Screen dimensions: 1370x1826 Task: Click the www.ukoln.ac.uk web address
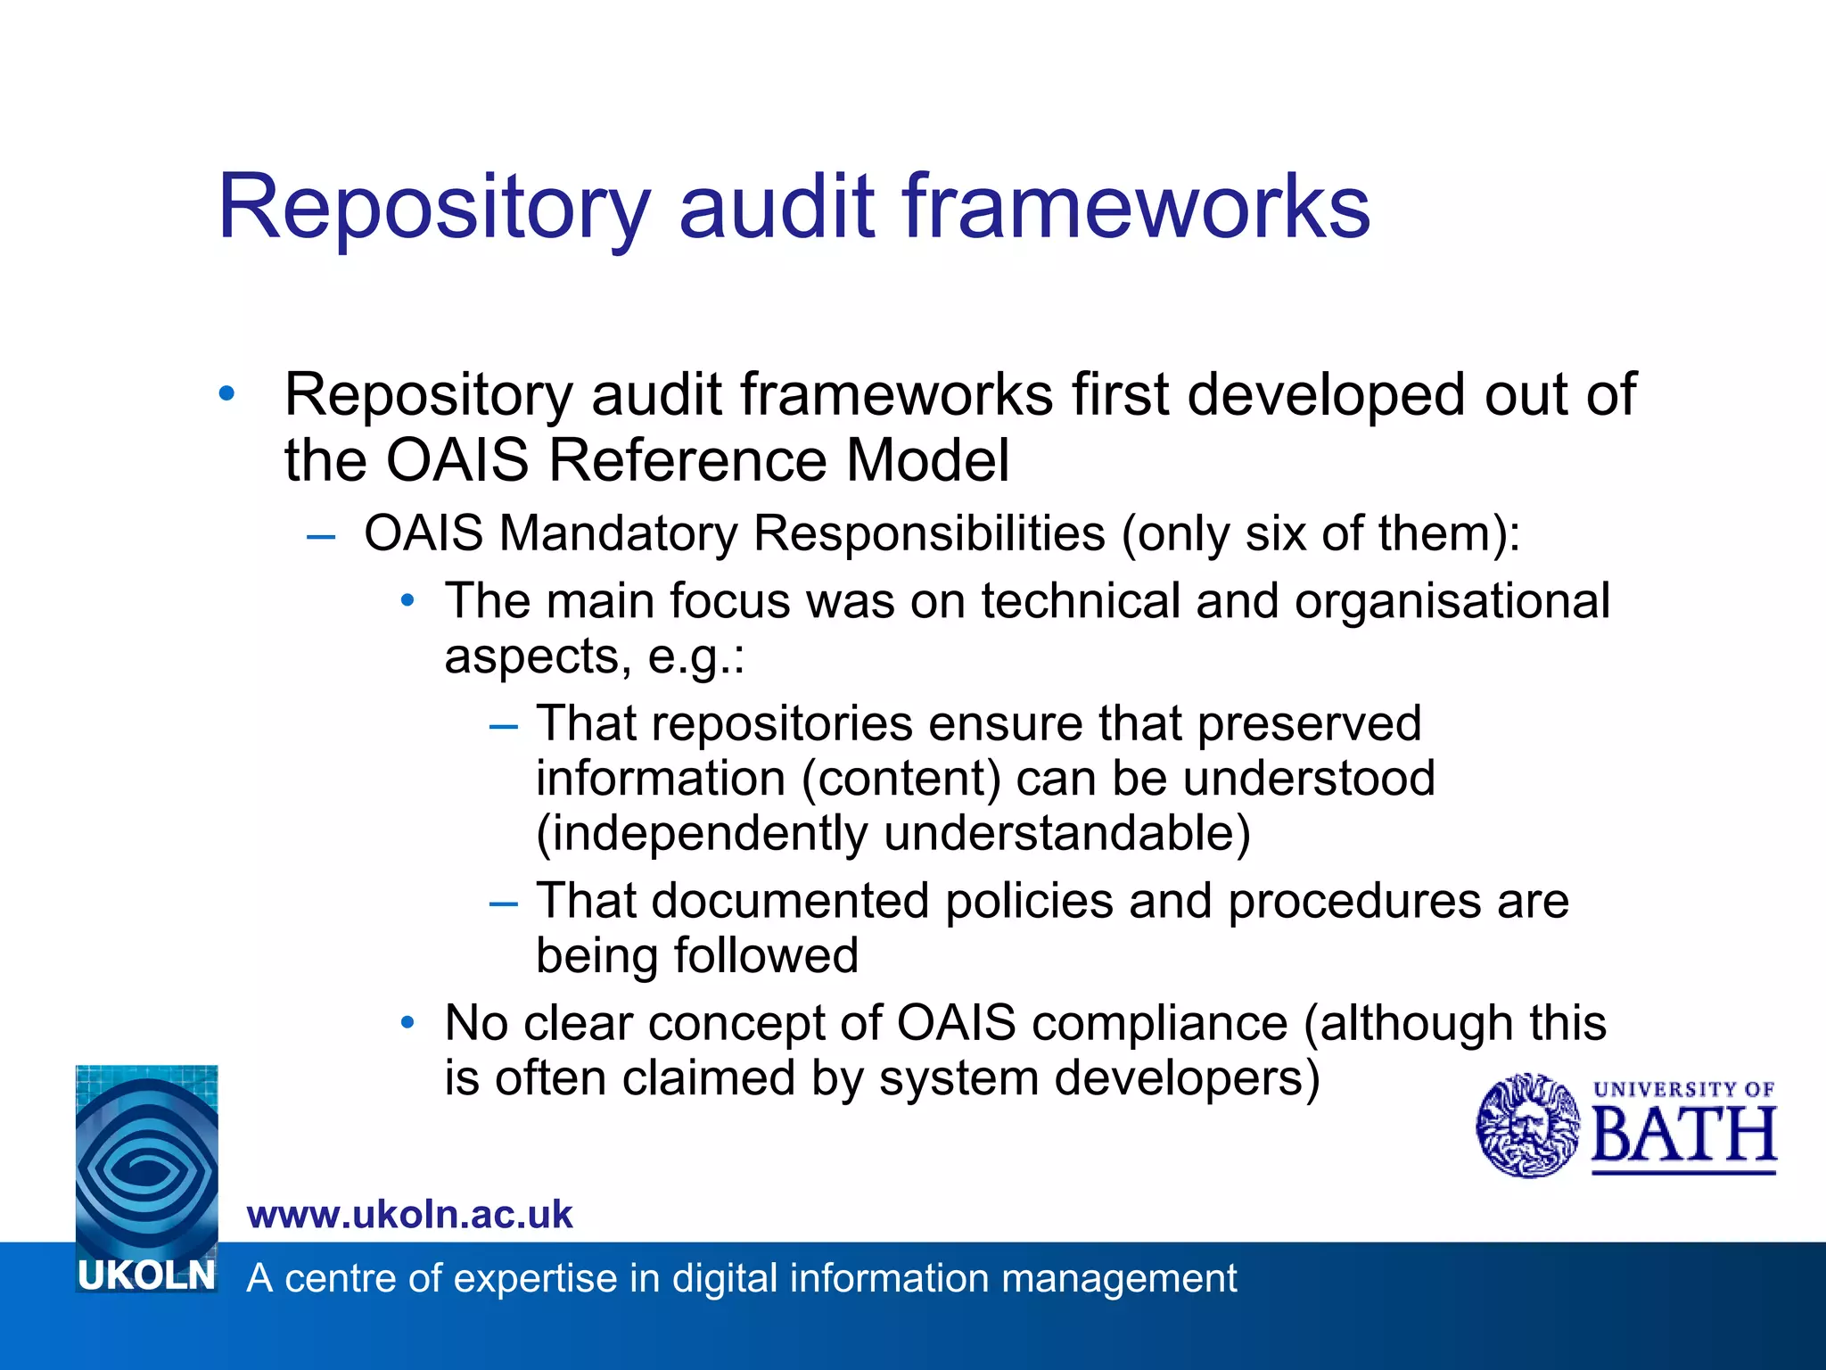click(409, 1215)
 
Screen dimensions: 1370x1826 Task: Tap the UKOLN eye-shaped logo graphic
click(146, 1160)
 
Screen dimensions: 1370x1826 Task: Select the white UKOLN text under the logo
click(146, 1276)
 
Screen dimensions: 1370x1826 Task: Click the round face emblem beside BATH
click(1527, 1126)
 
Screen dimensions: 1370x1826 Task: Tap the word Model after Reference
click(927, 460)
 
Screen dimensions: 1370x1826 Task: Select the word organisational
click(1452, 600)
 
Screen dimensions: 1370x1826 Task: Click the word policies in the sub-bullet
click(1029, 900)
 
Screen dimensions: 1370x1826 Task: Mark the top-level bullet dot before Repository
click(226, 392)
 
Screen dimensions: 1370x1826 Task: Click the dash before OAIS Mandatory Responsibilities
click(320, 536)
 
